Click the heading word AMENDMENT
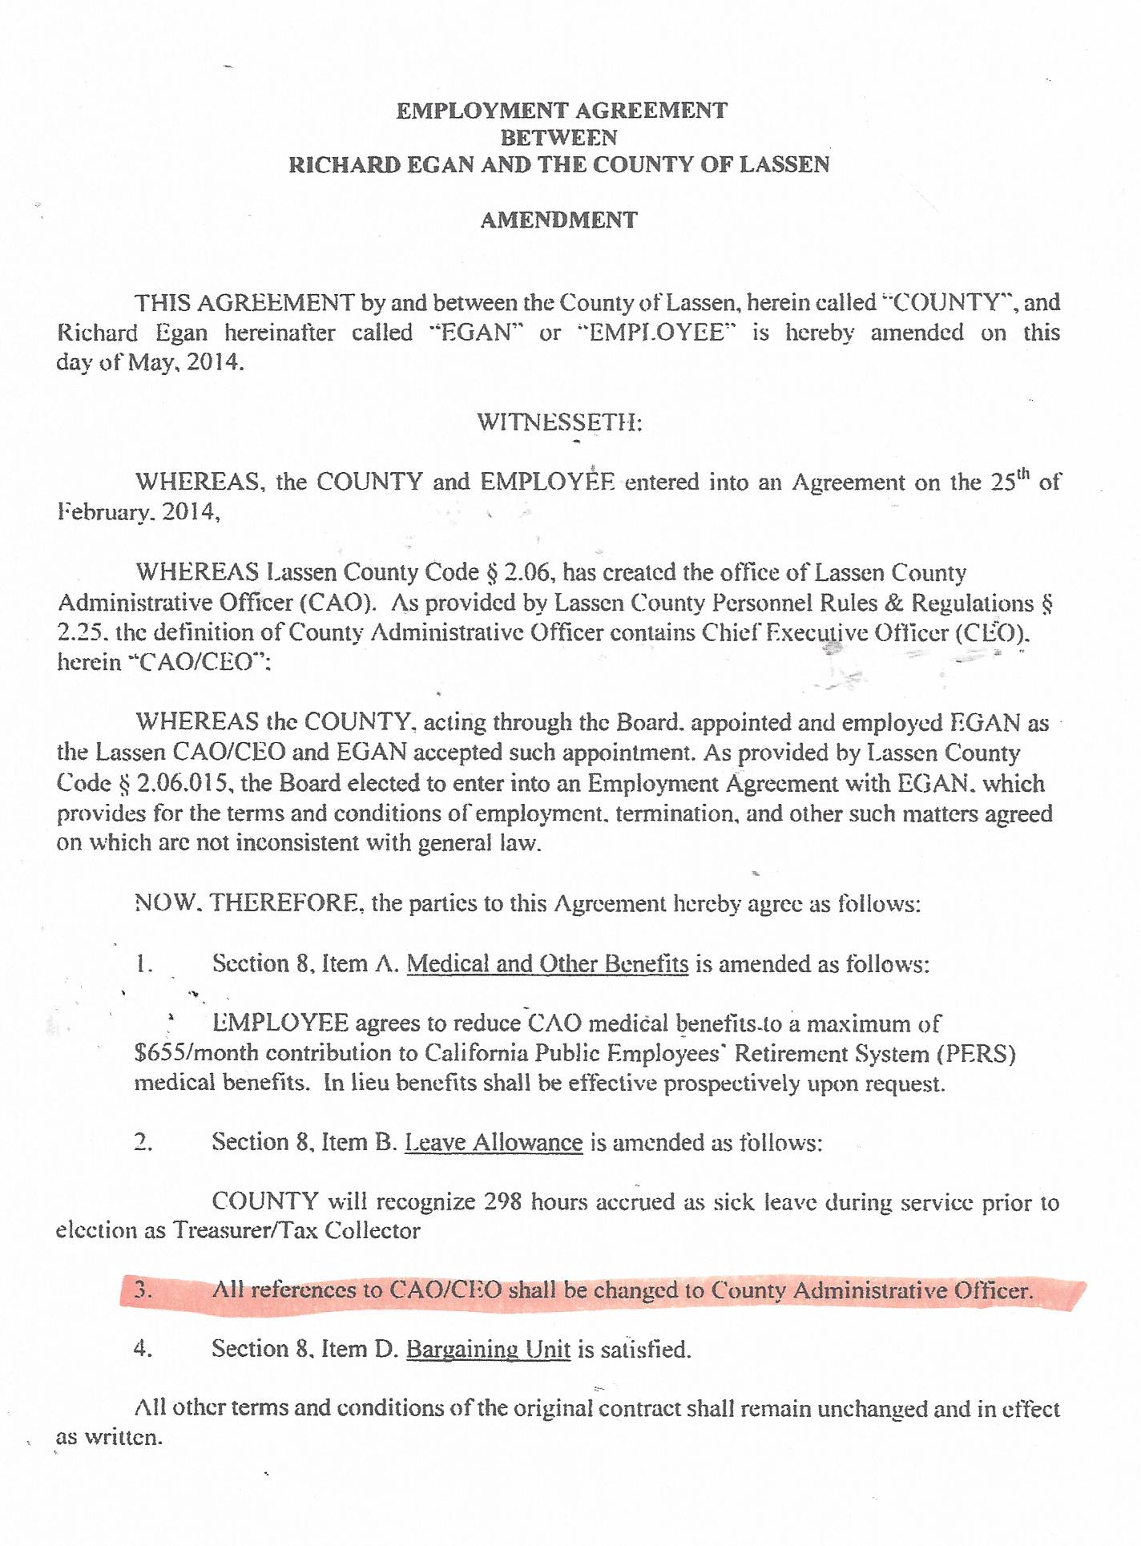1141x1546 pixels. [x=558, y=220]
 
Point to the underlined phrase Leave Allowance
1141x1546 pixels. [x=494, y=1142]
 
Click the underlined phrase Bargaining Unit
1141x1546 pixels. [x=488, y=1349]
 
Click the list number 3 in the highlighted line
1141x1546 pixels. [x=143, y=1290]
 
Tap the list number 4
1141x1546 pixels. [x=143, y=1349]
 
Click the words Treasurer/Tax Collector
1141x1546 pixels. [x=296, y=1230]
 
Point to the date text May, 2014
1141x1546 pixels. [x=185, y=361]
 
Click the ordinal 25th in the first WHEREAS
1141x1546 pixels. [x=1010, y=482]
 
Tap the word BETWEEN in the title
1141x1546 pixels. [x=558, y=137]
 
